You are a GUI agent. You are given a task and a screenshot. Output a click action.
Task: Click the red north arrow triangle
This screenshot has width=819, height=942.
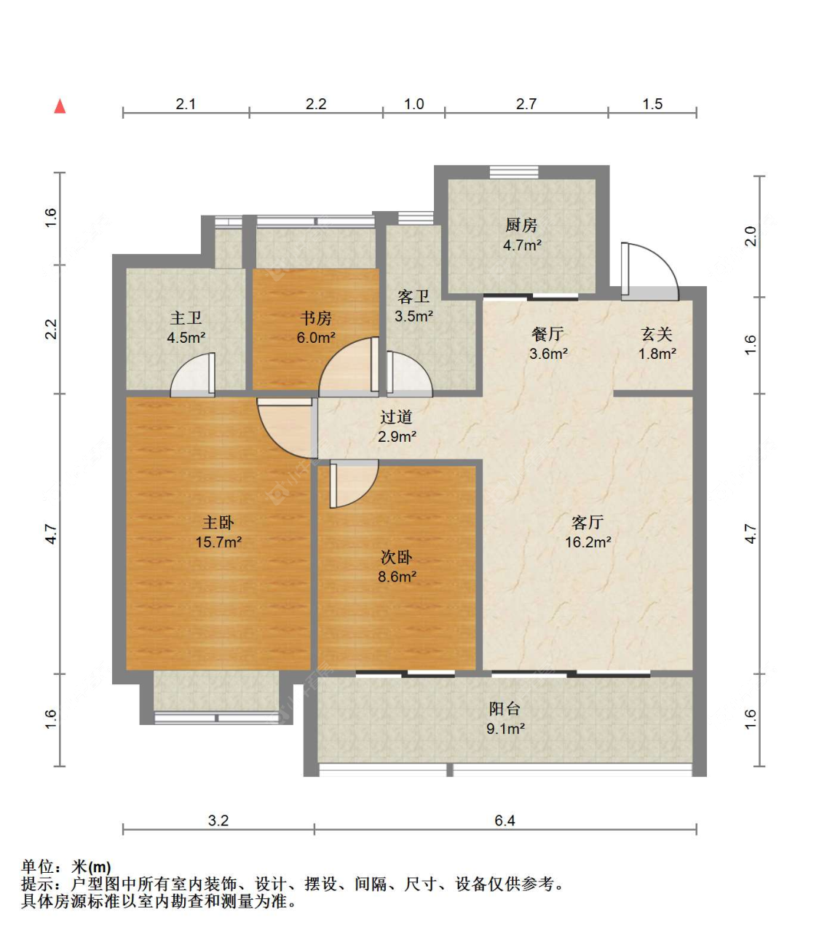[x=60, y=106]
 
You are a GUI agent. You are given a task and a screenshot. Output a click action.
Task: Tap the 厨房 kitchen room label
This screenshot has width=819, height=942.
[x=521, y=225]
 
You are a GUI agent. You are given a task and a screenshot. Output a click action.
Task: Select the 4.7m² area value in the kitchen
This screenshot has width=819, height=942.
[x=521, y=245]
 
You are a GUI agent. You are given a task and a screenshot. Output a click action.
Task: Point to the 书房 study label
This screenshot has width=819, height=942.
[x=315, y=318]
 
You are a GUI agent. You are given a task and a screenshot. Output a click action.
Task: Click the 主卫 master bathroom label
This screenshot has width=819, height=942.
[x=186, y=318]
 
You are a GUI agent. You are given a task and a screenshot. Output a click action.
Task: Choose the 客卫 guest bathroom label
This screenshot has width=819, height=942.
[x=414, y=296]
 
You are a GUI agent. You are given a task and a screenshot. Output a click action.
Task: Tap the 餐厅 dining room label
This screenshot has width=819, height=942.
[x=547, y=334]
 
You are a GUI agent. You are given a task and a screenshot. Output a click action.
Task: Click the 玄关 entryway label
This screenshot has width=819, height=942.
[x=657, y=334]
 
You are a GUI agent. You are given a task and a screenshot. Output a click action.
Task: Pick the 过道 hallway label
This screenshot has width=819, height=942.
[x=396, y=416]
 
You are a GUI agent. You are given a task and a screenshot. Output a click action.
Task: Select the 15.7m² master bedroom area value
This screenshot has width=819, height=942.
[x=218, y=542]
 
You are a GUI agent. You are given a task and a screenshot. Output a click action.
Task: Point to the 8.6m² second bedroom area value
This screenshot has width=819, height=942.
[x=397, y=577]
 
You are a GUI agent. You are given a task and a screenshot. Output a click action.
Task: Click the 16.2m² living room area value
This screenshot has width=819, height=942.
[x=588, y=542]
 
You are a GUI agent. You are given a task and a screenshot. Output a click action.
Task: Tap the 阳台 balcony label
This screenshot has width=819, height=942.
[x=505, y=708]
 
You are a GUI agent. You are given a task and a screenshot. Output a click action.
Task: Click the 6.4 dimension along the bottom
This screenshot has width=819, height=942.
[x=505, y=820]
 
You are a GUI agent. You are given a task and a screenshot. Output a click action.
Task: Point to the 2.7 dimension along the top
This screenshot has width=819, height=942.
[x=526, y=104]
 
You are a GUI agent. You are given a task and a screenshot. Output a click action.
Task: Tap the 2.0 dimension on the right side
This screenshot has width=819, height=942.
[x=751, y=236]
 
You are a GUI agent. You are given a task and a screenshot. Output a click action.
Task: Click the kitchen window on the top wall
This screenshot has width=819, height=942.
[x=514, y=172]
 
